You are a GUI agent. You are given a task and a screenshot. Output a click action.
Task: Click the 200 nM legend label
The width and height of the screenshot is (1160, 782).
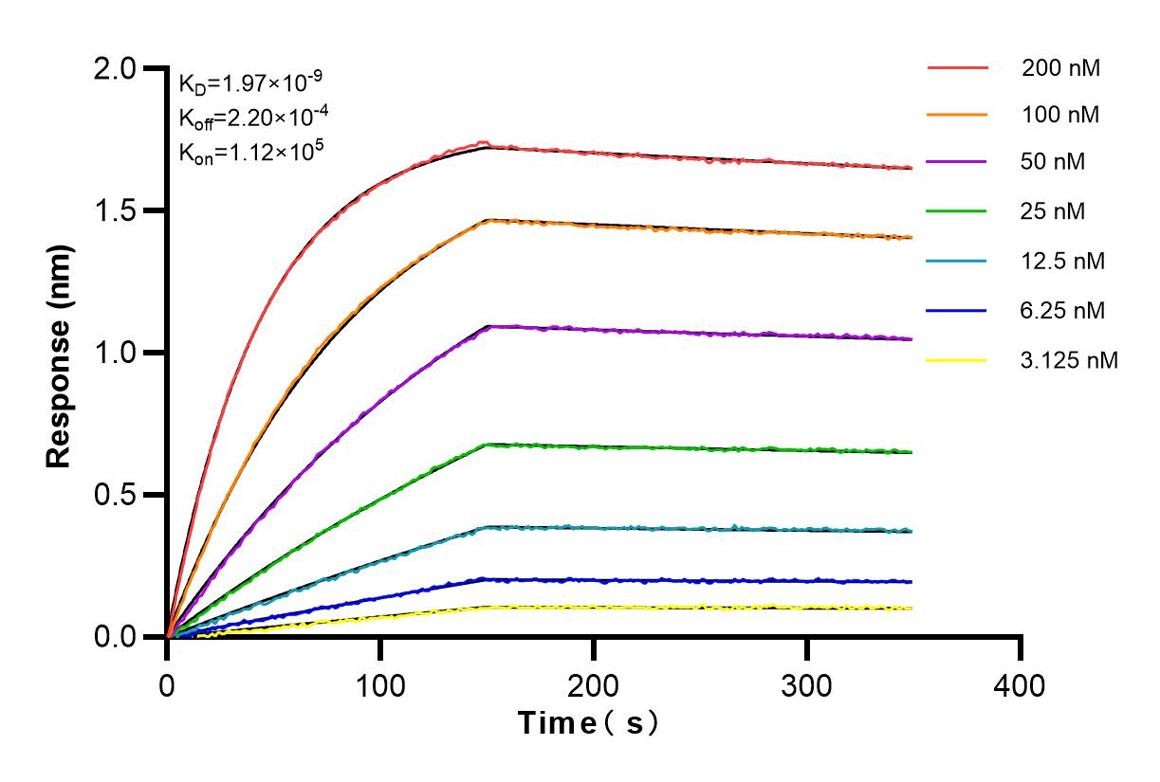(1061, 67)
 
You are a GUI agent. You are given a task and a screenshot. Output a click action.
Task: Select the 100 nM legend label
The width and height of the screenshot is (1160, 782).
(1061, 116)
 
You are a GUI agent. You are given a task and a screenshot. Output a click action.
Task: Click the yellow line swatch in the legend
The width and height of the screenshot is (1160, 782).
(957, 359)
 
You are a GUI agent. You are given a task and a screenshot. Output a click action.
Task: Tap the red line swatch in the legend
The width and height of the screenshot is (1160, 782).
(957, 67)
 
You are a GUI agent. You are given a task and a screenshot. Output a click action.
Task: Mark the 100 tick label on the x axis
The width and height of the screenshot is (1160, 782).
(380, 684)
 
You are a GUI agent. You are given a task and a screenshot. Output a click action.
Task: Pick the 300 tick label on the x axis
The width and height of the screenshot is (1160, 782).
(807, 684)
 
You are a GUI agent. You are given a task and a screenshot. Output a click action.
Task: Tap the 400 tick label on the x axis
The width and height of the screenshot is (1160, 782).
(1021, 684)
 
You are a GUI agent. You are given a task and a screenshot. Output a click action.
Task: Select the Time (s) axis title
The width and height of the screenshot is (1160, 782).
(588, 723)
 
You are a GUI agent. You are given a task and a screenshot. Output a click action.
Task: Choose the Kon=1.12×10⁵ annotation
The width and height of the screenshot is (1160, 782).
(249, 151)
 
